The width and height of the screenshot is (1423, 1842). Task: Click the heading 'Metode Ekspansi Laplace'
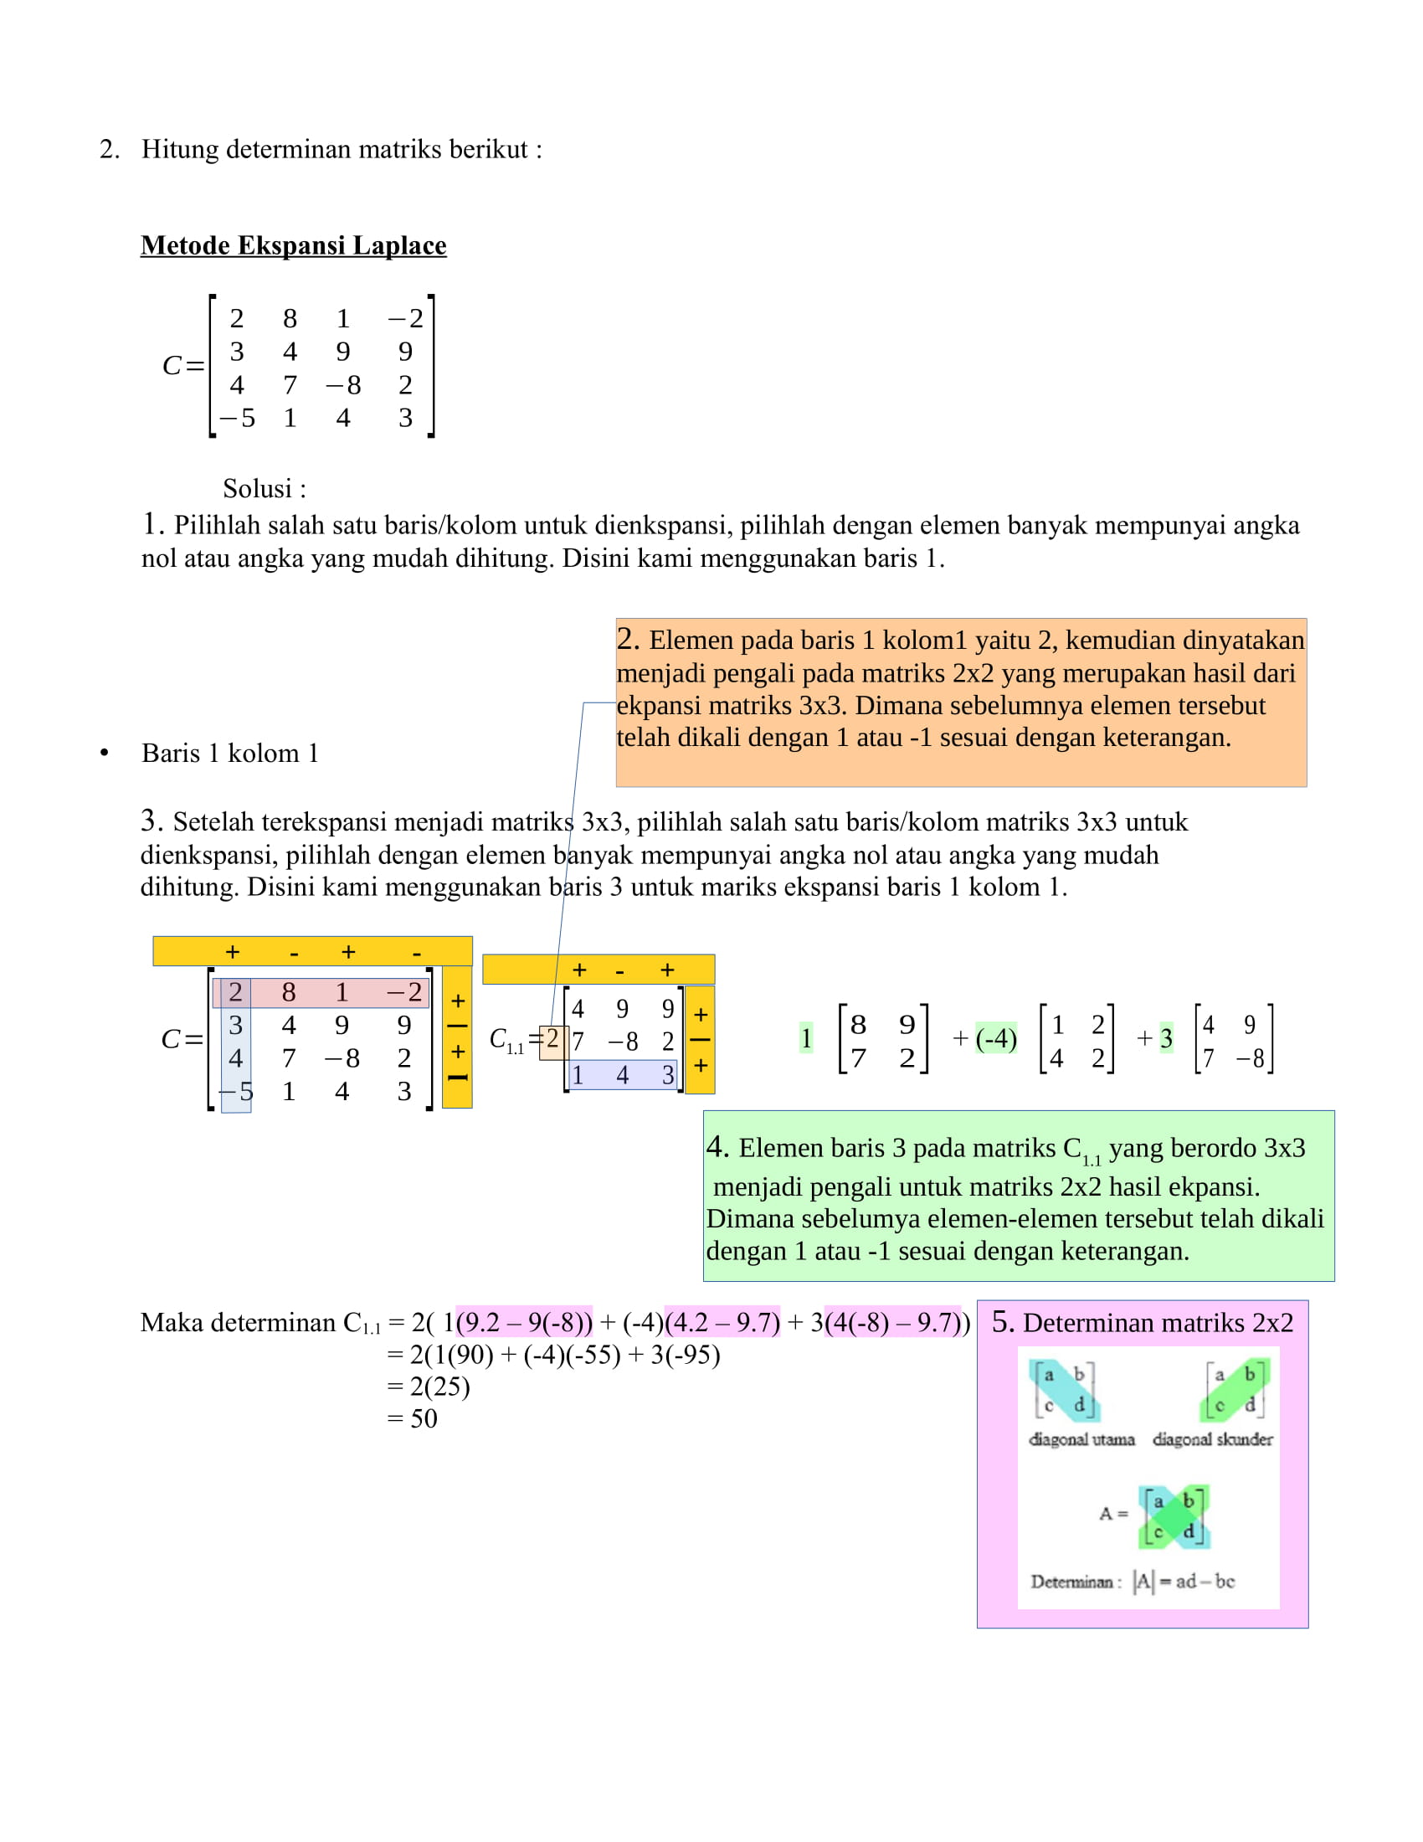(x=293, y=245)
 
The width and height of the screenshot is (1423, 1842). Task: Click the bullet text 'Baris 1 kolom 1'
(x=229, y=754)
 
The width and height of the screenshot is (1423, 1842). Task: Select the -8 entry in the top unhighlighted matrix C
(x=343, y=385)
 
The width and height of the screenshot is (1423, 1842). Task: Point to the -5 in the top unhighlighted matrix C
(x=237, y=419)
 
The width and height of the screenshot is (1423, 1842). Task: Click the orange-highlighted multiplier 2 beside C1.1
(x=552, y=1039)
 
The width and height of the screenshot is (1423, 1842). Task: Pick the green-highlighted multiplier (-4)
(x=995, y=1038)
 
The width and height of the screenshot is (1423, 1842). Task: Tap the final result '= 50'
(x=412, y=1418)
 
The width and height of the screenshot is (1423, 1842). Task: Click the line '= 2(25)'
(x=429, y=1387)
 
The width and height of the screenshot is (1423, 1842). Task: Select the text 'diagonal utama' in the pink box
(x=1081, y=1440)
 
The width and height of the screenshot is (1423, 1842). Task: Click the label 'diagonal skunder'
(x=1212, y=1440)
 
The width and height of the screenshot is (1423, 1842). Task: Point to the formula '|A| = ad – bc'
(x=1183, y=1582)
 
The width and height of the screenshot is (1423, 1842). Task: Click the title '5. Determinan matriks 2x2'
(x=1143, y=1322)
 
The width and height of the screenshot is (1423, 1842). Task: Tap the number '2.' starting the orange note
(x=628, y=639)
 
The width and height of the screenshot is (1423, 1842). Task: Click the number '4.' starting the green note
(x=717, y=1147)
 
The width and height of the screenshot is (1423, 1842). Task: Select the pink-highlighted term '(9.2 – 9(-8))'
(x=523, y=1322)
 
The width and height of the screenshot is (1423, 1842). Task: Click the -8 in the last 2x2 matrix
(x=1250, y=1057)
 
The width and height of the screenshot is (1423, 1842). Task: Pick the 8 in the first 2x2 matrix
(x=858, y=1024)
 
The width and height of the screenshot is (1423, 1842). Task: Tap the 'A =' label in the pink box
(x=1112, y=1514)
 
